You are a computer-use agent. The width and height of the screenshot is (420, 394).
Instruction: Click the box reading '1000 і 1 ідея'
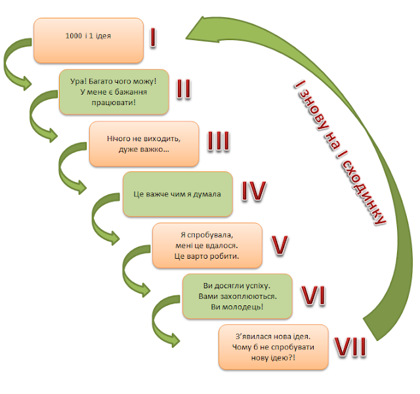point(89,41)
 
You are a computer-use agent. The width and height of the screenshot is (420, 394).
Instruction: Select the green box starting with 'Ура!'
point(114,92)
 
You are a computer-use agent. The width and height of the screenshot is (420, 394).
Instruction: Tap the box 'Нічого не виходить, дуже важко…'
point(144,144)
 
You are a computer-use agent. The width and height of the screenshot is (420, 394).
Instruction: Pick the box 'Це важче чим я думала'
point(178,194)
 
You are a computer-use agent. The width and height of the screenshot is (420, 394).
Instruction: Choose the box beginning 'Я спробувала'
point(207,245)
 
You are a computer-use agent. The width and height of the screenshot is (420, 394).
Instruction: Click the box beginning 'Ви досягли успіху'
point(238,296)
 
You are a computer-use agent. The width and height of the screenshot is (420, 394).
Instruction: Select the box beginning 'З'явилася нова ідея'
point(274,347)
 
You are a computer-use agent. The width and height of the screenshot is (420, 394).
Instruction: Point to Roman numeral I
point(153,37)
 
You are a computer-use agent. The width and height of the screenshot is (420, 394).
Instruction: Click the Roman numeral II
point(184,89)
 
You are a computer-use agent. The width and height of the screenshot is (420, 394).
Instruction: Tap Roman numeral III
point(219,141)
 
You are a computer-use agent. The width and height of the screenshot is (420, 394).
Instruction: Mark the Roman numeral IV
point(254,191)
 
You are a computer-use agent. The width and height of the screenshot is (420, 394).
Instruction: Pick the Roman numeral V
point(280,245)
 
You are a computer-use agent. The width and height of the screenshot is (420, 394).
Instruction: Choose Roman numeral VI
point(314,295)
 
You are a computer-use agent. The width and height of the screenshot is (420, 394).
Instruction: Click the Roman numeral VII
point(350,347)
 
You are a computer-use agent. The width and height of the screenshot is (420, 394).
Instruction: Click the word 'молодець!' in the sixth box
point(237,307)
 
